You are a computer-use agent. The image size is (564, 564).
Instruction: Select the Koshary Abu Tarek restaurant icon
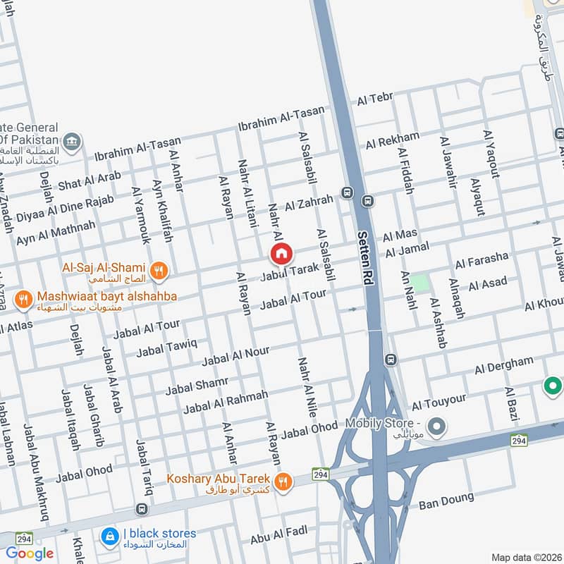(x=283, y=481)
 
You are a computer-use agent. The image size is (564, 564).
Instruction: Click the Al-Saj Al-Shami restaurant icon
(x=160, y=269)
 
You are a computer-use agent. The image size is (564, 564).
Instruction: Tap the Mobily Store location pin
(x=438, y=426)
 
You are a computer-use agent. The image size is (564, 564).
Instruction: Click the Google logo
(x=30, y=553)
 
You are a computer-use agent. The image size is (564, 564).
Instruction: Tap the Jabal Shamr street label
(x=197, y=386)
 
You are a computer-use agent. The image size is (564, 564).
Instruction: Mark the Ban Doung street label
(x=444, y=503)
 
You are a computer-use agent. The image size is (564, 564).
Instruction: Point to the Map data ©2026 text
(x=527, y=557)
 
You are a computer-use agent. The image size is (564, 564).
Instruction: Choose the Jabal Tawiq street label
(x=166, y=347)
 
